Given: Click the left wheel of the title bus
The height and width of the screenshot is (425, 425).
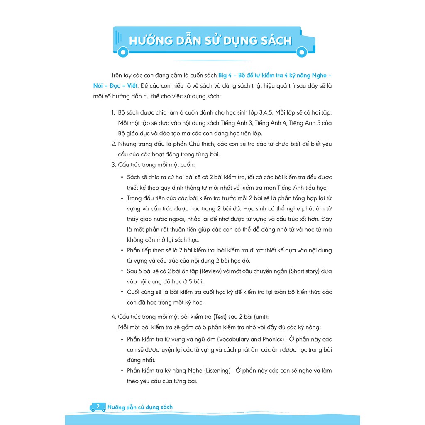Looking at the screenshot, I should click(122, 52).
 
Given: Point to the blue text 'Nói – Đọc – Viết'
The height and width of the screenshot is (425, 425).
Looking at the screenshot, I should click(117, 86).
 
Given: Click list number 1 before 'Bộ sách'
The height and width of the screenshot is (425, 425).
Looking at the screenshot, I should click(113, 113).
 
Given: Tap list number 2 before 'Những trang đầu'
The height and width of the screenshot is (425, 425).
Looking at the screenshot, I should click(113, 144).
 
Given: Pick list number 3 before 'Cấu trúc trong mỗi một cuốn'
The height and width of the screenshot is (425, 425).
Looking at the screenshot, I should click(113, 165).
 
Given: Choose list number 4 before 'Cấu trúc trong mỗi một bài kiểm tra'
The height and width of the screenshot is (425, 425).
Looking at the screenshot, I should click(114, 317).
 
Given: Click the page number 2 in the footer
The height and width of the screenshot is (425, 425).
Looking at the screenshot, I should click(98, 407).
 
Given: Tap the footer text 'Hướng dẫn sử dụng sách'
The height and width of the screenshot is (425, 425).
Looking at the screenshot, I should click(140, 407).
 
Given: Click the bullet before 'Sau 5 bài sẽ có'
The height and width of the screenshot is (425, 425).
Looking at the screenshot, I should click(122, 271).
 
